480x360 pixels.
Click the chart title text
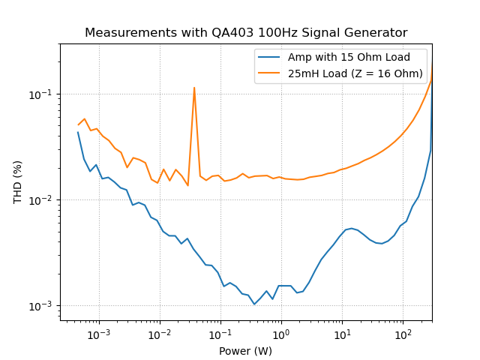tap(246, 33)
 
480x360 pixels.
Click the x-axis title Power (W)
tap(246, 350)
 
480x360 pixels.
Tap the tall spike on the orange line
tap(194, 88)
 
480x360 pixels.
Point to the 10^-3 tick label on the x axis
tap(99, 334)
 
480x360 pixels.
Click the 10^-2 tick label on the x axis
tap(160, 334)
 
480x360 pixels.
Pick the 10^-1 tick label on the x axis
tap(220, 334)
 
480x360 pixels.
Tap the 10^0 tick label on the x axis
tap(281, 334)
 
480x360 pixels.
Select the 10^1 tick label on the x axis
tap(342, 334)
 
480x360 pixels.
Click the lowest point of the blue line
tap(254, 304)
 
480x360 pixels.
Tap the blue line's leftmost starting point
tap(78, 132)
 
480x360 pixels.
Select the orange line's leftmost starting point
tap(78, 124)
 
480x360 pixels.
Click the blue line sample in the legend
tap(270, 57)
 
